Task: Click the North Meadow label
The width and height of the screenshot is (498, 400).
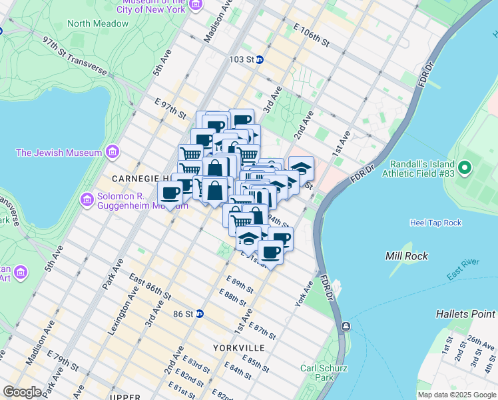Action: tap(98, 23)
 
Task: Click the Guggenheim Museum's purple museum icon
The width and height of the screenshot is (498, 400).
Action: tap(87, 199)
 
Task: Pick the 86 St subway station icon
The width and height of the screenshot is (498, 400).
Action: tap(199, 313)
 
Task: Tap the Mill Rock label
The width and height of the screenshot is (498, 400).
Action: tap(407, 256)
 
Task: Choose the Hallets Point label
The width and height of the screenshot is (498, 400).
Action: tap(466, 313)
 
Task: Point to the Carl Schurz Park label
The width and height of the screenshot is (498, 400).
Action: tap(316, 373)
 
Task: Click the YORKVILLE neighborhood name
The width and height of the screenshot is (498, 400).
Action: tap(239, 348)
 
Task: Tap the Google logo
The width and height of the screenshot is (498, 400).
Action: tap(22, 392)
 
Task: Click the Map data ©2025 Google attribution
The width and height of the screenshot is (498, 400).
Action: tap(456, 395)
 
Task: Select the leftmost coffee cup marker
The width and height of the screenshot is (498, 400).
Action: tap(170, 193)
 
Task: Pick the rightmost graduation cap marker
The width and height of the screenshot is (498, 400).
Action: tap(301, 167)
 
